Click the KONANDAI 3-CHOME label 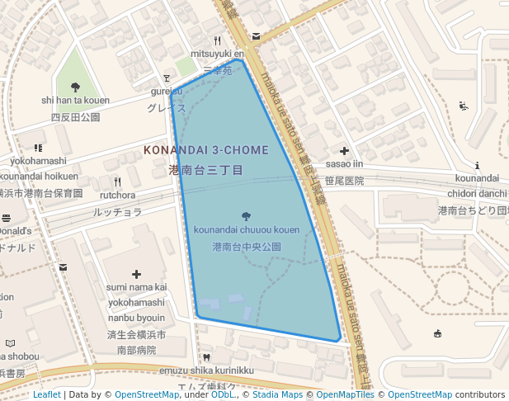(206, 150)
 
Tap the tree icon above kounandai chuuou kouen (247, 216)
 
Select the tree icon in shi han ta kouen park (75, 87)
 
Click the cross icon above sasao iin (344, 151)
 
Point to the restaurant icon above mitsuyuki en (218, 40)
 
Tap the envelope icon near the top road (257, 36)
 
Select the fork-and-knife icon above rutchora (117, 182)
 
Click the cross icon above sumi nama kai (136, 273)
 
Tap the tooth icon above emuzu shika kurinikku (206, 357)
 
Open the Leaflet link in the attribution (46, 394)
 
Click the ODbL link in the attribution (222, 394)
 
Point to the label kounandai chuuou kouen (247, 229)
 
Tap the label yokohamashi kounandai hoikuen (39, 167)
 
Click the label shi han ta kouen (75, 101)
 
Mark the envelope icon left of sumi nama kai (64, 267)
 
